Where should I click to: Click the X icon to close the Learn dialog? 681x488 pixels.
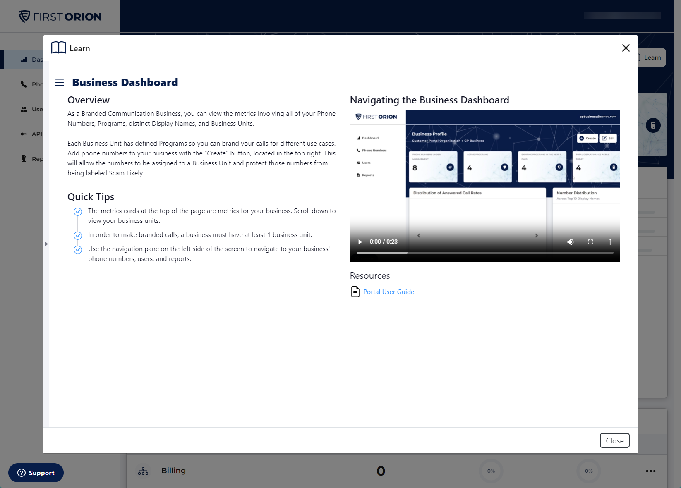coord(626,48)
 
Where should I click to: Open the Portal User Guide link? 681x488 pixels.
coord(388,292)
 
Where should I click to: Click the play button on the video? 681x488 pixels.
coord(360,242)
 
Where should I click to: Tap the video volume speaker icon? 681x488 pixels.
coord(570,242)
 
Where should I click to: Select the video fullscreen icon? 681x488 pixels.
coord(590,242)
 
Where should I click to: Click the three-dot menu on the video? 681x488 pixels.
coord(610,242)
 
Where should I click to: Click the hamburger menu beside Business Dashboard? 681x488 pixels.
coord(60,82)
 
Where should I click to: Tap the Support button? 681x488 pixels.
coord(36,473)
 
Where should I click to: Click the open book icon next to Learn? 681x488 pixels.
coord(59,48)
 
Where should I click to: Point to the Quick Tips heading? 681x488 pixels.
coord(91,197)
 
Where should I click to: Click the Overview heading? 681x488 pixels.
coord(89,100)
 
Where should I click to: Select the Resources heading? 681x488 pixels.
coord(370,276)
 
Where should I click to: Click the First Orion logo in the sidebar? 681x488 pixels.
coord(60,17)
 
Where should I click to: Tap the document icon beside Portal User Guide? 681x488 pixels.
coord(355,292)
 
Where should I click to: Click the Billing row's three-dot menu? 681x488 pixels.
coord(650,471)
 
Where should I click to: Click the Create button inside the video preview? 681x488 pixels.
coord(587,138)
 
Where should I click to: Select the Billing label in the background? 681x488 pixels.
coord(173,471)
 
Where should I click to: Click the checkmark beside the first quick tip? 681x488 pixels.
coord(78,212)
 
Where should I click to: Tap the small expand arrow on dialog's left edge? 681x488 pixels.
coord(46,244)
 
